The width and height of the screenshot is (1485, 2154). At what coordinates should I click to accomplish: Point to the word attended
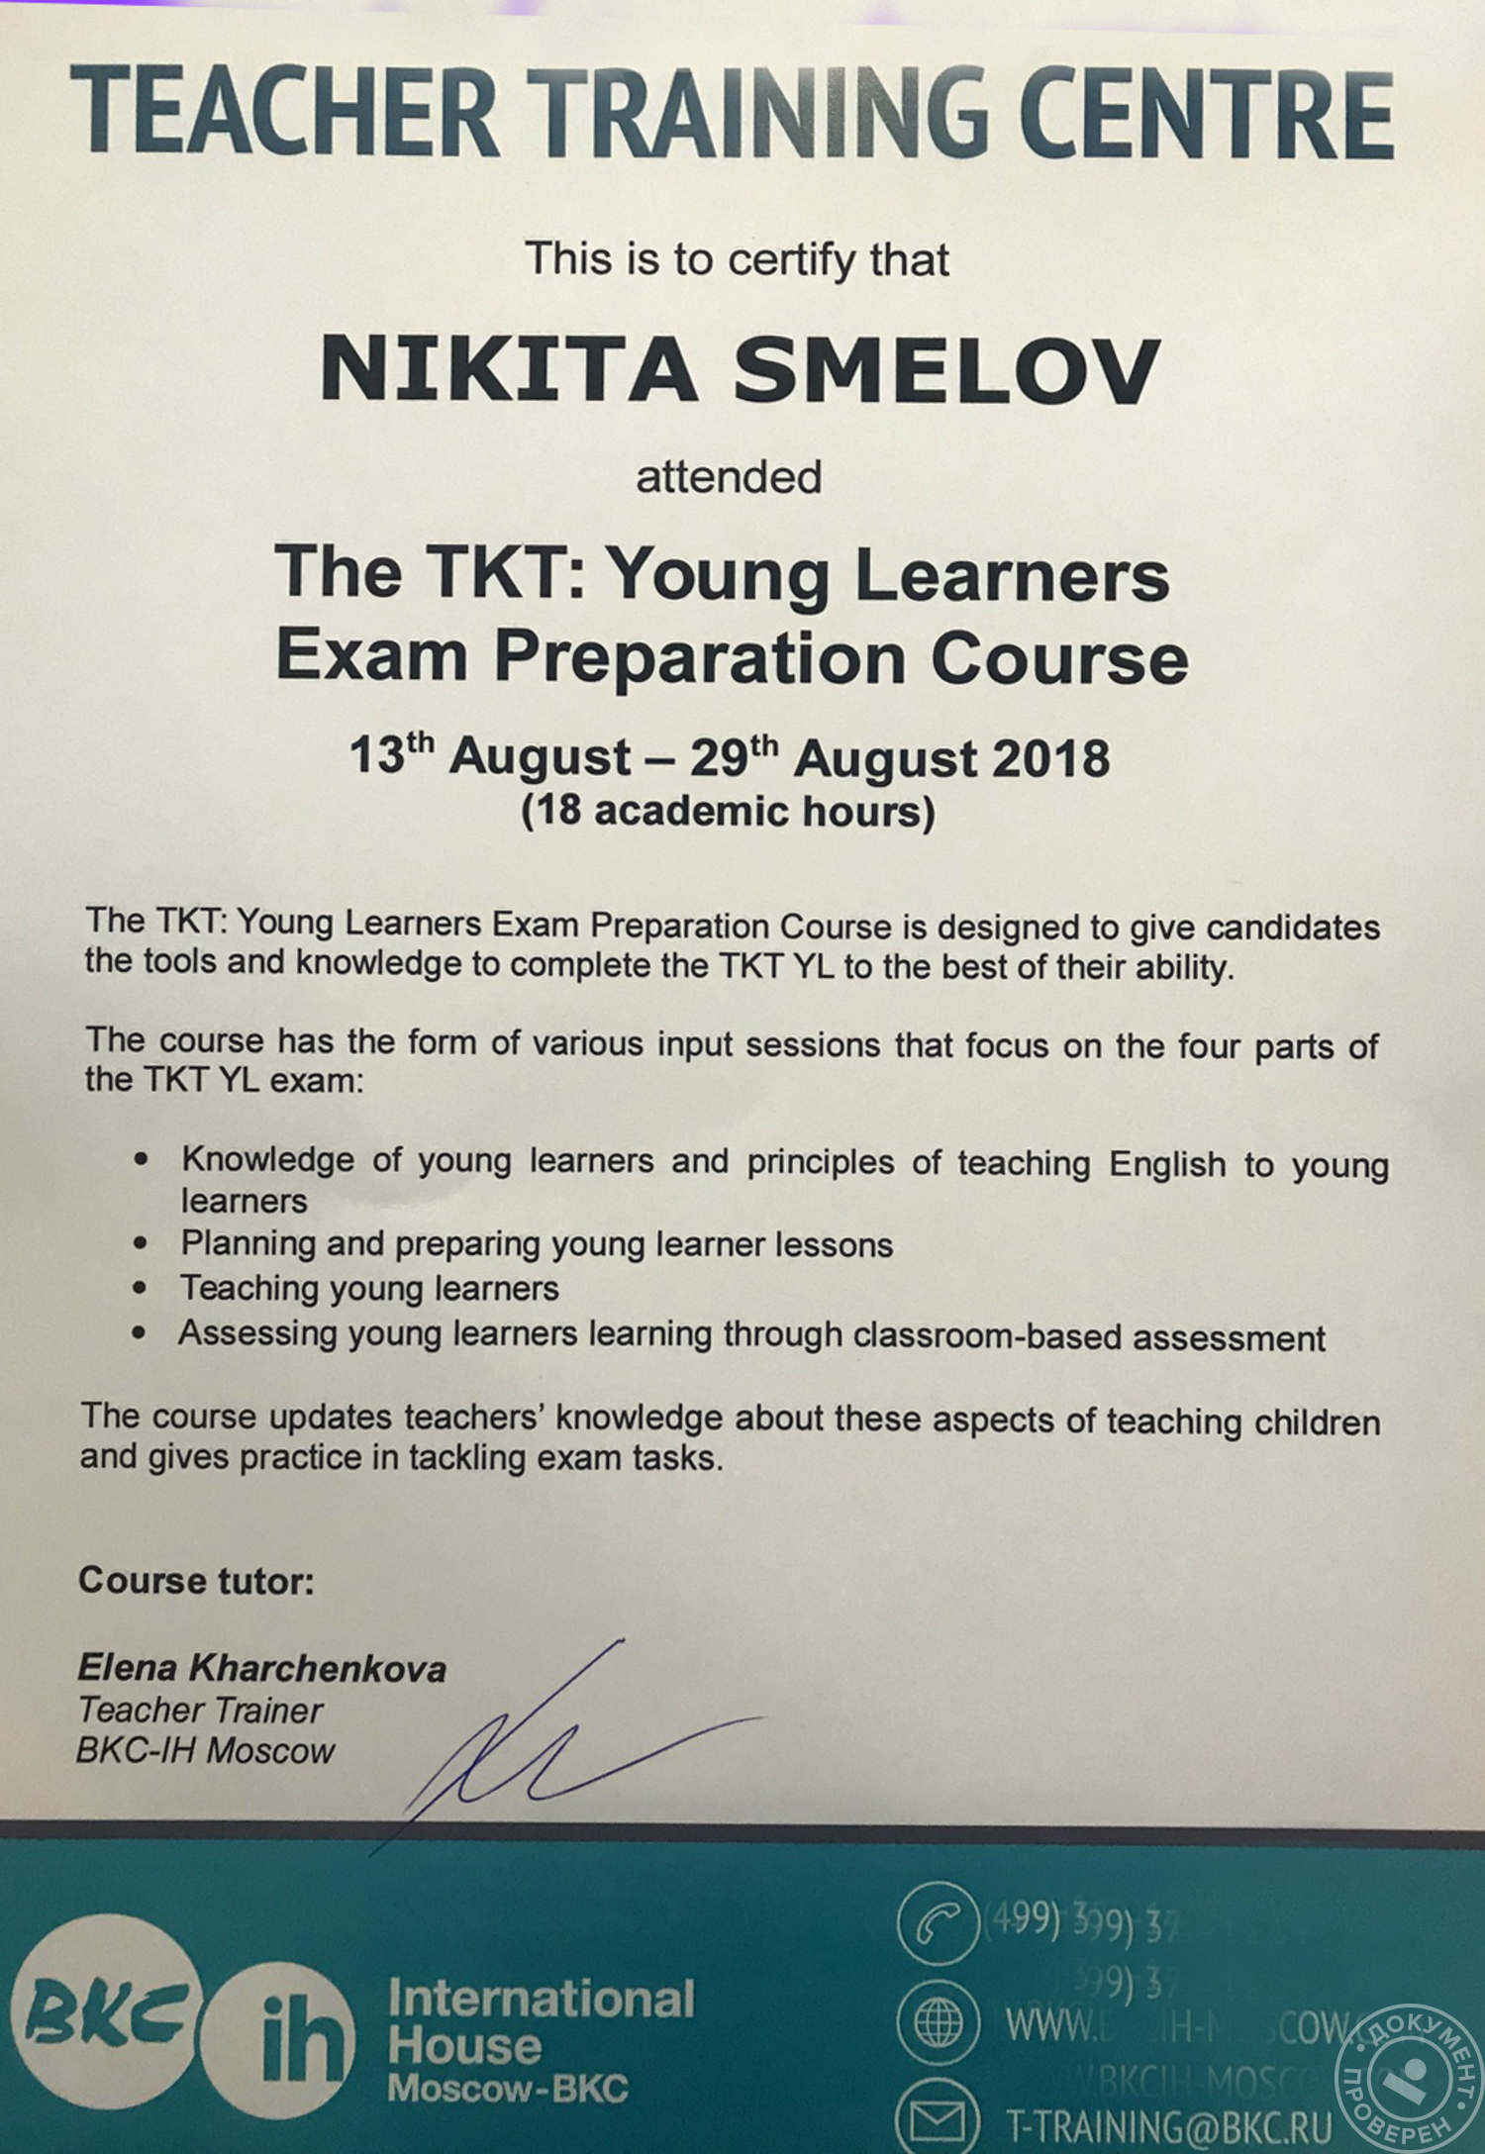[729, 477]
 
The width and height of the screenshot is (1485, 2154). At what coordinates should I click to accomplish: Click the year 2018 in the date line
[1050, 759]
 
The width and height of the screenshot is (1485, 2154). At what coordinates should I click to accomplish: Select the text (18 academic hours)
[729, 811]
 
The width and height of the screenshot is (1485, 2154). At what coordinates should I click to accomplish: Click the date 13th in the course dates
[391, 757]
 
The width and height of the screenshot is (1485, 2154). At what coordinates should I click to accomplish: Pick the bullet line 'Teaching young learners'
[369, 1288]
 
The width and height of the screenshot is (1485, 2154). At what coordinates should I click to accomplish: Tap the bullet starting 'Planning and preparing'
[536, 1243]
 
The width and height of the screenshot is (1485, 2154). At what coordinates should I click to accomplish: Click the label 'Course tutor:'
[196, 1580]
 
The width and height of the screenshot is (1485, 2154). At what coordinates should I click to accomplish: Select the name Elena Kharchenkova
[262, 1668]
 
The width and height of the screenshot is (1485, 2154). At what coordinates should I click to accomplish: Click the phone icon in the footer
[937, 1923]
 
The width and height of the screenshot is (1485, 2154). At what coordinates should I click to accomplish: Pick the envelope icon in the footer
[937, 2118]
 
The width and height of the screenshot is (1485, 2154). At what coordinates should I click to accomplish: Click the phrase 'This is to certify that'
[738, 259]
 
